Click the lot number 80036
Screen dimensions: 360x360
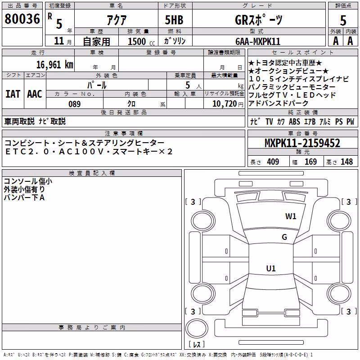[x=22, y=19]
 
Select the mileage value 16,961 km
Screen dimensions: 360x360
[x=54, y=65]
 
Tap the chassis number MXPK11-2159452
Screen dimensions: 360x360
[x=302, y=143]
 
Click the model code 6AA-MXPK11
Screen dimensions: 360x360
[x=258, y=41]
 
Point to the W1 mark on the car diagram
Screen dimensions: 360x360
[x=291, y=216]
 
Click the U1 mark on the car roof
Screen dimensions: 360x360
[x=271, y=268]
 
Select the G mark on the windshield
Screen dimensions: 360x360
[x=284, y=237]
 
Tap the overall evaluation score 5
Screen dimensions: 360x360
[x=343, y=21]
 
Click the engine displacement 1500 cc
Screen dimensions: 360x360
[x=141, y=41]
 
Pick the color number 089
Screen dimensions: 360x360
[x=74, y=104]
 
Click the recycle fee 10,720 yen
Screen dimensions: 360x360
[x=228, y=104]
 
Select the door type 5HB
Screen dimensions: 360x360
[x=174, y=20]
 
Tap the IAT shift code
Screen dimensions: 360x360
[x=13, y=94]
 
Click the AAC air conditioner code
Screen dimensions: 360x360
[x=35, y=94]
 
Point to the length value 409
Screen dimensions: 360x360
[x=273, y=162]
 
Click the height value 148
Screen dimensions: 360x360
[x=346, y=162]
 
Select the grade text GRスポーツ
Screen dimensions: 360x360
[x=258, y=20]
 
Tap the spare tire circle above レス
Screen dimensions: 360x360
[x=197, y=328]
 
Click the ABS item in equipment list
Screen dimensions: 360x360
[x=294, y=121]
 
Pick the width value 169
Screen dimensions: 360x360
[x=310, y=162]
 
